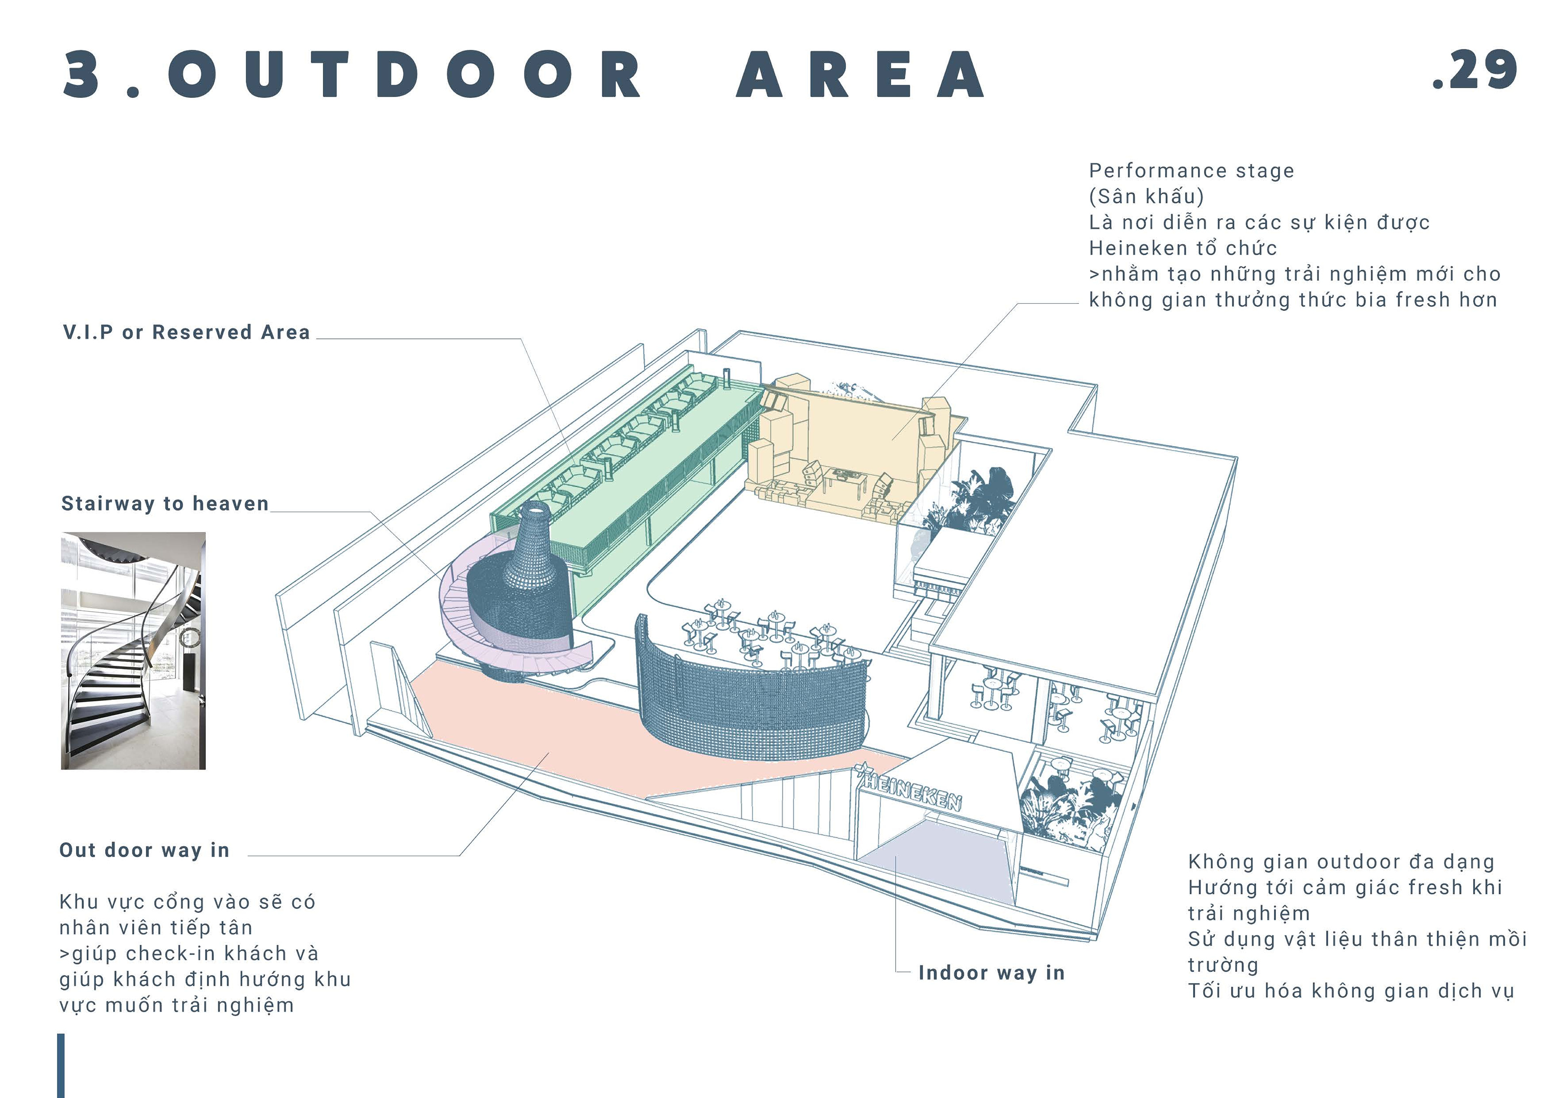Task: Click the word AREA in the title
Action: pyautogui.click(x=860, y=74)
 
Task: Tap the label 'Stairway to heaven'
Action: pyautogui.click(x=165, y=504)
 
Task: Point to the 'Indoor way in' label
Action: pyautogui.click(x=991, y=973)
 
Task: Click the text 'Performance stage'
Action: pyautogui.click(x=1191, y=171)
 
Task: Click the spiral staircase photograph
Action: pyautogui.click(x=133, y=650)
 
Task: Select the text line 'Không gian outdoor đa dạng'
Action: pyautogui.click(x=1341, y=862)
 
